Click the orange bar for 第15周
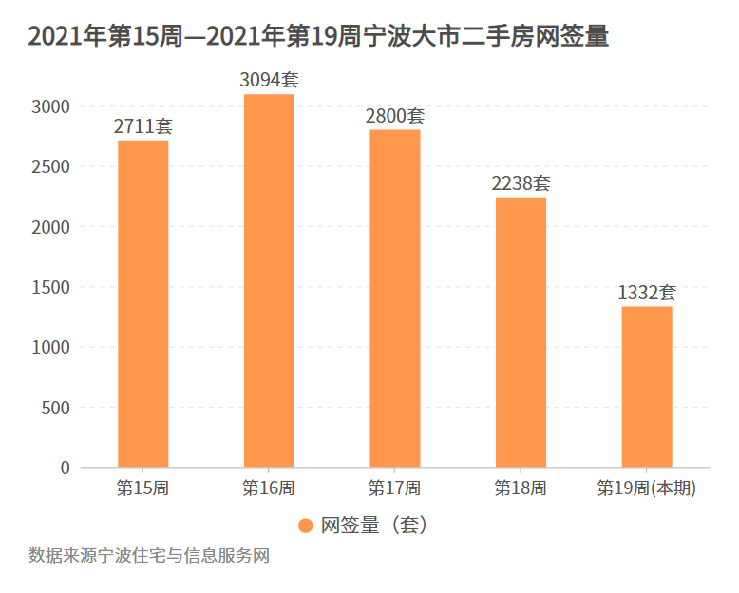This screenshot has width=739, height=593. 142,304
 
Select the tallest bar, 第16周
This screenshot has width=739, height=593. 269,280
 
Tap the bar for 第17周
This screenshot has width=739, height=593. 394,298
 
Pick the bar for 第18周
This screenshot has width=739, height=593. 521,333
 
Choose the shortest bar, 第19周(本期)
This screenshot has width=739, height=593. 647,387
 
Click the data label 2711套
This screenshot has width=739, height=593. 142,125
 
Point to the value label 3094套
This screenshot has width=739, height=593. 269,80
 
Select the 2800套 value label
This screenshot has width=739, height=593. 394,116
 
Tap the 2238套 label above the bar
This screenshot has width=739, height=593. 521,183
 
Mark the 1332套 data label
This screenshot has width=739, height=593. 647,293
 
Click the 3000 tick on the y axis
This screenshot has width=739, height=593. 52,106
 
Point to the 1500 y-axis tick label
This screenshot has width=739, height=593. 52,287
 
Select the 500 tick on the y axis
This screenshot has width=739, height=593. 57,408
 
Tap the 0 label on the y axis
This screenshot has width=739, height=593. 65,468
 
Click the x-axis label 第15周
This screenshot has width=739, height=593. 142,488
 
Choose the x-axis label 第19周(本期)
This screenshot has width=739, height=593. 647,488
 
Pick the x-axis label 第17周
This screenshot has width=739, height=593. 394,488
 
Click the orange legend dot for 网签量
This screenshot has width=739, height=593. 305,526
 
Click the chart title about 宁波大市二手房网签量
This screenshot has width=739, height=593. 318,37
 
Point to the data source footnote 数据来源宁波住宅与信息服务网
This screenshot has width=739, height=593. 149,556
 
